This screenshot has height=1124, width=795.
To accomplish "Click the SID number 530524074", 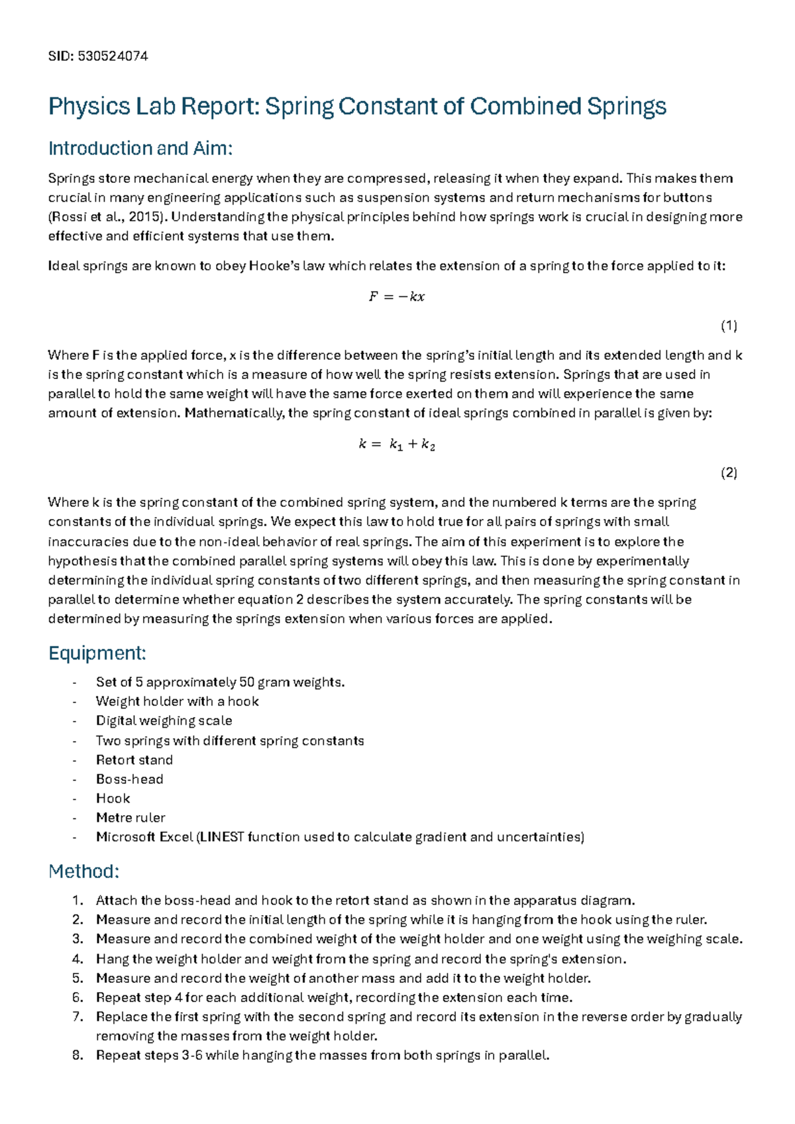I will [113, 56].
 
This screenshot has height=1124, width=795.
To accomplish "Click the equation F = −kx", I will [396, 297].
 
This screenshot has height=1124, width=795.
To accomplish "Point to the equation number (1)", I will [729, 325].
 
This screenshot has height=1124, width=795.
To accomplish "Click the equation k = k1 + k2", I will [396, 445].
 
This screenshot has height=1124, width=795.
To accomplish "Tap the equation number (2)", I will [729, 473].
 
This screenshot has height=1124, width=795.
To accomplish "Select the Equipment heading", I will [97, 653].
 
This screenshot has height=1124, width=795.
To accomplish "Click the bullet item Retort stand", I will [134, 760].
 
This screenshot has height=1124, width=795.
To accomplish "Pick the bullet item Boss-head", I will [130, 779].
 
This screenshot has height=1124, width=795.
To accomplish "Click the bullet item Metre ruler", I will [131, 818].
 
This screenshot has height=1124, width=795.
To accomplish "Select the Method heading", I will [83, 871].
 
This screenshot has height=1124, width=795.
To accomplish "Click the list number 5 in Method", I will [78, 978].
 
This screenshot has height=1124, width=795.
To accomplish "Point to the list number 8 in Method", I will [78, 1055].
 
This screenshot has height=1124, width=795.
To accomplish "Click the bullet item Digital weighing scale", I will [164, 721].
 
